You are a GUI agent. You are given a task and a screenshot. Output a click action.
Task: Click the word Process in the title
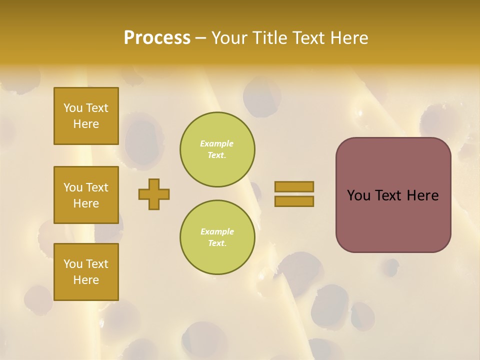(157, 38)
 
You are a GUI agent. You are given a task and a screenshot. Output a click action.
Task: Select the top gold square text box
(86, 116)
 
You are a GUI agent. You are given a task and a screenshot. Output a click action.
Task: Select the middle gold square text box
(86, 195)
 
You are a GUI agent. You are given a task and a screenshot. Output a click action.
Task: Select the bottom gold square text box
(86, 272)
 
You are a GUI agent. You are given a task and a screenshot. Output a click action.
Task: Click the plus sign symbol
(154, 194)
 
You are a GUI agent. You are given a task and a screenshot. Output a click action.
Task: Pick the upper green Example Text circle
(217, 149)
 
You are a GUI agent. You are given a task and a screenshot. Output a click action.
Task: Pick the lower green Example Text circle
(217, 237)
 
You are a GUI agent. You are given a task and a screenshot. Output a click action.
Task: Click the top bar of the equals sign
(294, 186)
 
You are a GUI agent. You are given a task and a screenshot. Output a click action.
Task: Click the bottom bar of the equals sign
(294, 201)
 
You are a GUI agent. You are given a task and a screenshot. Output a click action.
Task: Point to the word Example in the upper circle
(216, 144)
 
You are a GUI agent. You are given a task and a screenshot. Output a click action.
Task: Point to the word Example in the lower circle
(217, 232)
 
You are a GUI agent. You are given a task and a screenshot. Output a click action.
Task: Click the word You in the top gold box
(73, 108)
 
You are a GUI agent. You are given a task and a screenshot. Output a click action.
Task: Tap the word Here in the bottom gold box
(86, 280)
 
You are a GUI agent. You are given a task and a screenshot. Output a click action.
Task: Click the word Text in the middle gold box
(97, 187)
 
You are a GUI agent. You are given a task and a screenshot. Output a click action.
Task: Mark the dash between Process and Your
(200, 38)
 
